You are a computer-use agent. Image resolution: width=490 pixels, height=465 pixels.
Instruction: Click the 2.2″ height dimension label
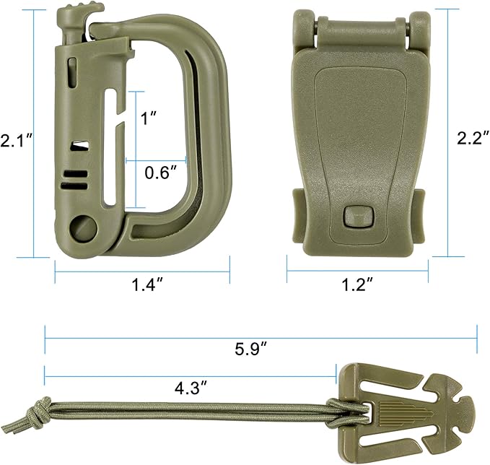pos(472,139)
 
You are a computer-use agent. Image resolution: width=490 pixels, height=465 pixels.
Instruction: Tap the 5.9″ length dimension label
pos(252,349)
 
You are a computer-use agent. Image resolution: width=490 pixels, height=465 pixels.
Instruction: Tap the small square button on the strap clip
pos(357,216)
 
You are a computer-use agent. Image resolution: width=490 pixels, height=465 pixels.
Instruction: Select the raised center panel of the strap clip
pos(357,144)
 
